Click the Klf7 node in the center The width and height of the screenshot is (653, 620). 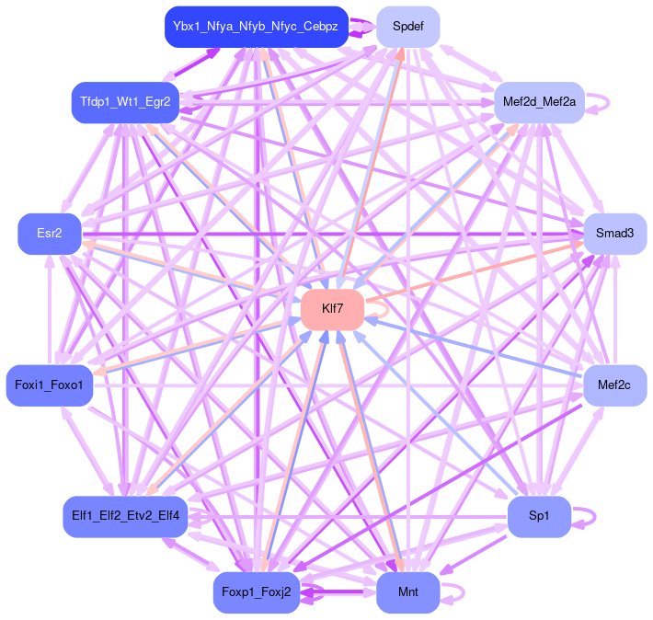click(333, 309)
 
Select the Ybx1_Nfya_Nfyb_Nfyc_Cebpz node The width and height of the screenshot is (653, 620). click(256, 26)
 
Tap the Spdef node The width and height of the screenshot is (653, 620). click(407, 26)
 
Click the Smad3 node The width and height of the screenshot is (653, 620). click(614, 234)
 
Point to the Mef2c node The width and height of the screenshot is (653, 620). click(614, 385)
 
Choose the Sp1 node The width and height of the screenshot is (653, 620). click(539, 516)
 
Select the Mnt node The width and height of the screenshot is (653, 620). click(407, 592)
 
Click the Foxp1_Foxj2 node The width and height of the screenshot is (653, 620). click(257, 592)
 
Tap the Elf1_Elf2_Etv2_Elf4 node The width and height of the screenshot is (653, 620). click(125, 516)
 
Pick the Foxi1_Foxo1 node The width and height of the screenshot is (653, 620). click(50, 385)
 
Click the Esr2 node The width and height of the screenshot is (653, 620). click(50, 234)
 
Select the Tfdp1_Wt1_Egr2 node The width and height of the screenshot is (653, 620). click(125, 102)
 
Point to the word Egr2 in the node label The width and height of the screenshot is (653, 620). click(158, 102)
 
